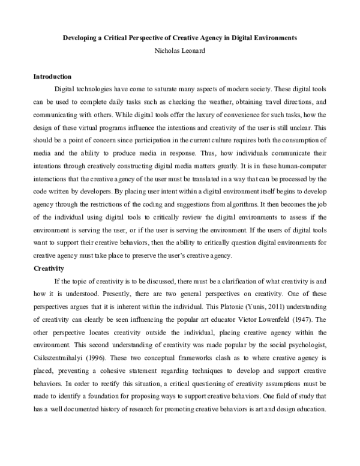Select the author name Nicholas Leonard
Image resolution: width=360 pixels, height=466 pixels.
180,50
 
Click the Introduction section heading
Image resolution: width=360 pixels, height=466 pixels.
52,77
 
